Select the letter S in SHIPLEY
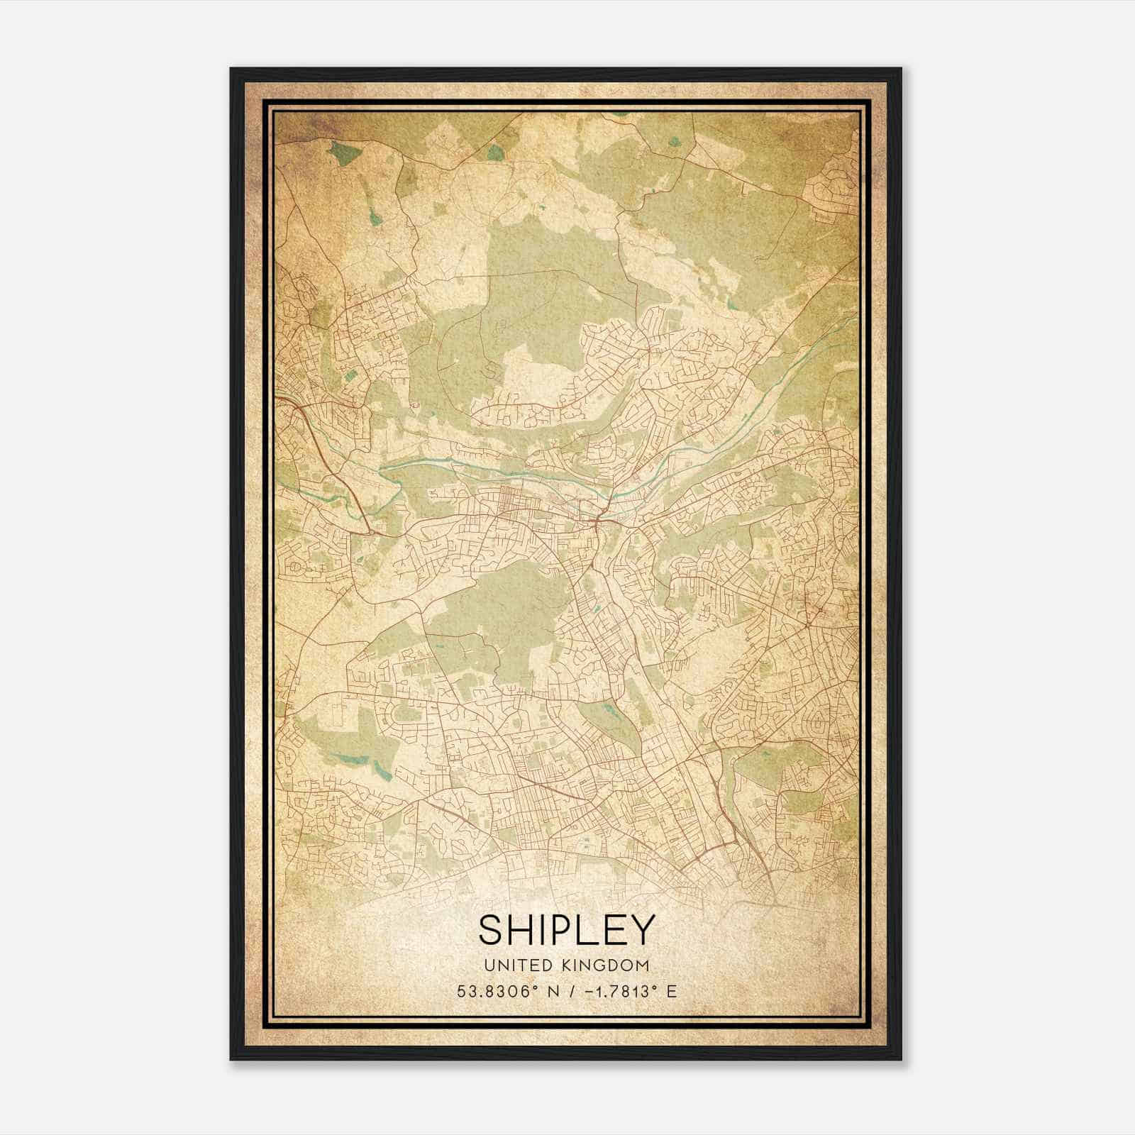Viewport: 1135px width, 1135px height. click(492, 931)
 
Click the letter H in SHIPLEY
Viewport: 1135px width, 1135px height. click(524, 931)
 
